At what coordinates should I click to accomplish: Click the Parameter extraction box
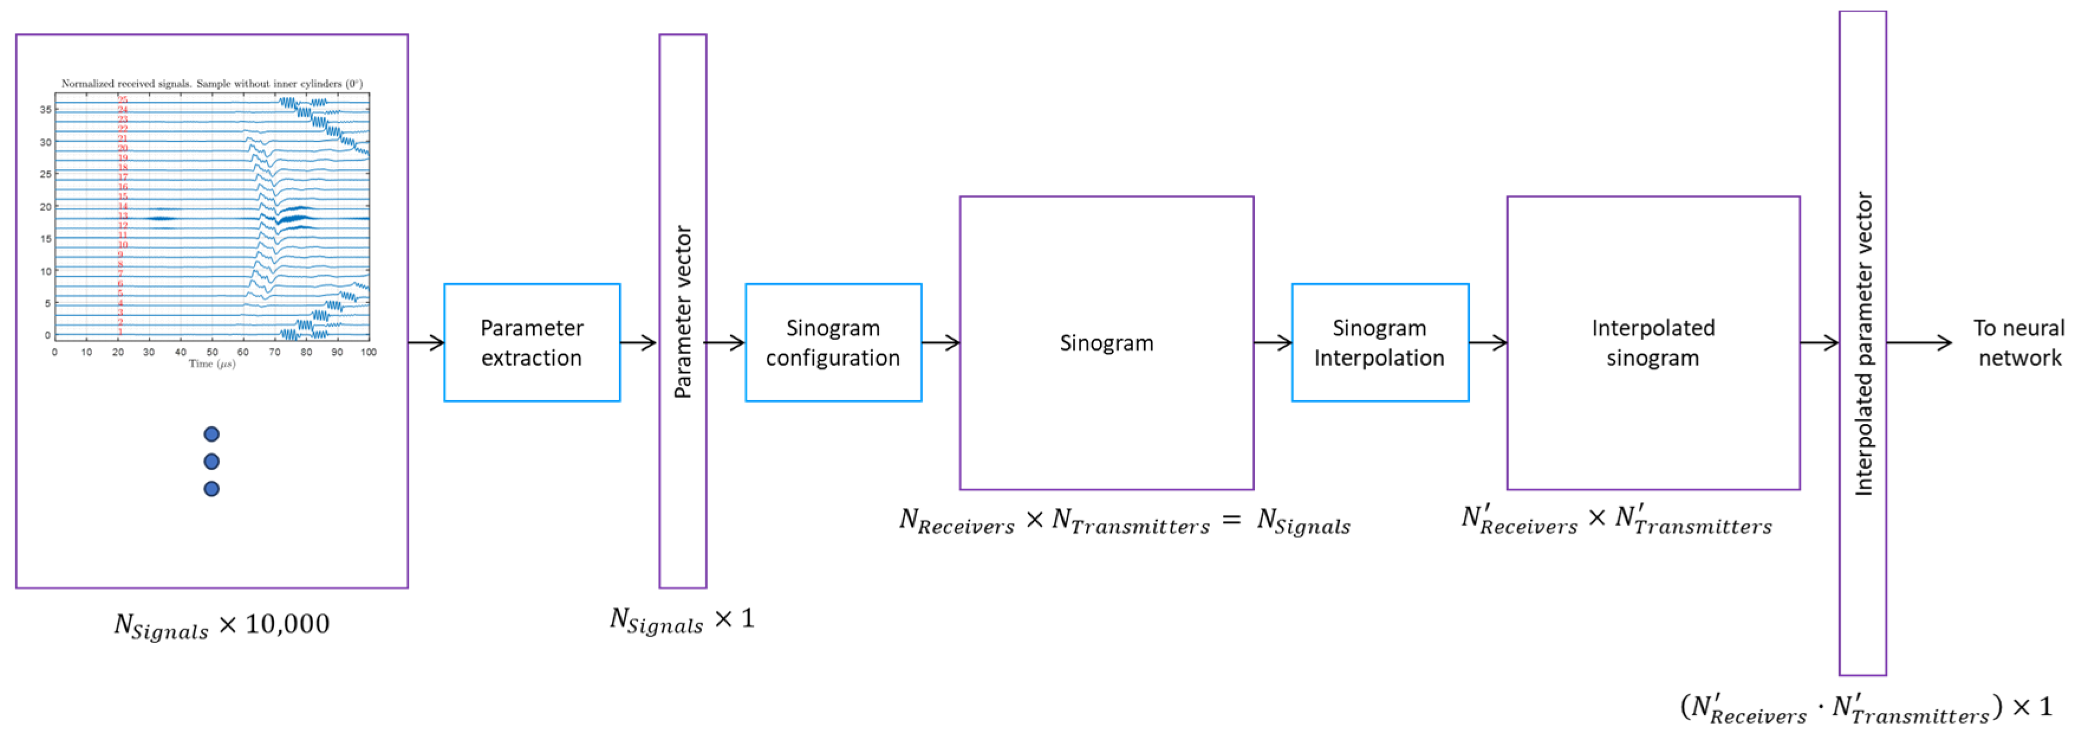pos(532,343)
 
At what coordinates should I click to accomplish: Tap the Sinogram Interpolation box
pos(1379,343)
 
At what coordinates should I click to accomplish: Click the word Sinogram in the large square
pos(1106,343)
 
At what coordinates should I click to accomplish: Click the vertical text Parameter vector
pos(682,312)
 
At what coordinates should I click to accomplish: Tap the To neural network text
pos(2018,343)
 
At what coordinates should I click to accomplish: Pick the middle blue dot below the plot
pos(211,461)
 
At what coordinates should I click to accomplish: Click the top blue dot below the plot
pos(211,435)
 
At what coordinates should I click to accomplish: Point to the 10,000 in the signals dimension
pos(287,624)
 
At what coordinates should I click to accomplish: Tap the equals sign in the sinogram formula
pos(1231,520)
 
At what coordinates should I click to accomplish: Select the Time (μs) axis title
pos(211,364)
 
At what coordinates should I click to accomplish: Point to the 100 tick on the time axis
pos(368,352)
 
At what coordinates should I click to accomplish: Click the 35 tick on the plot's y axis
pos(46,109)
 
